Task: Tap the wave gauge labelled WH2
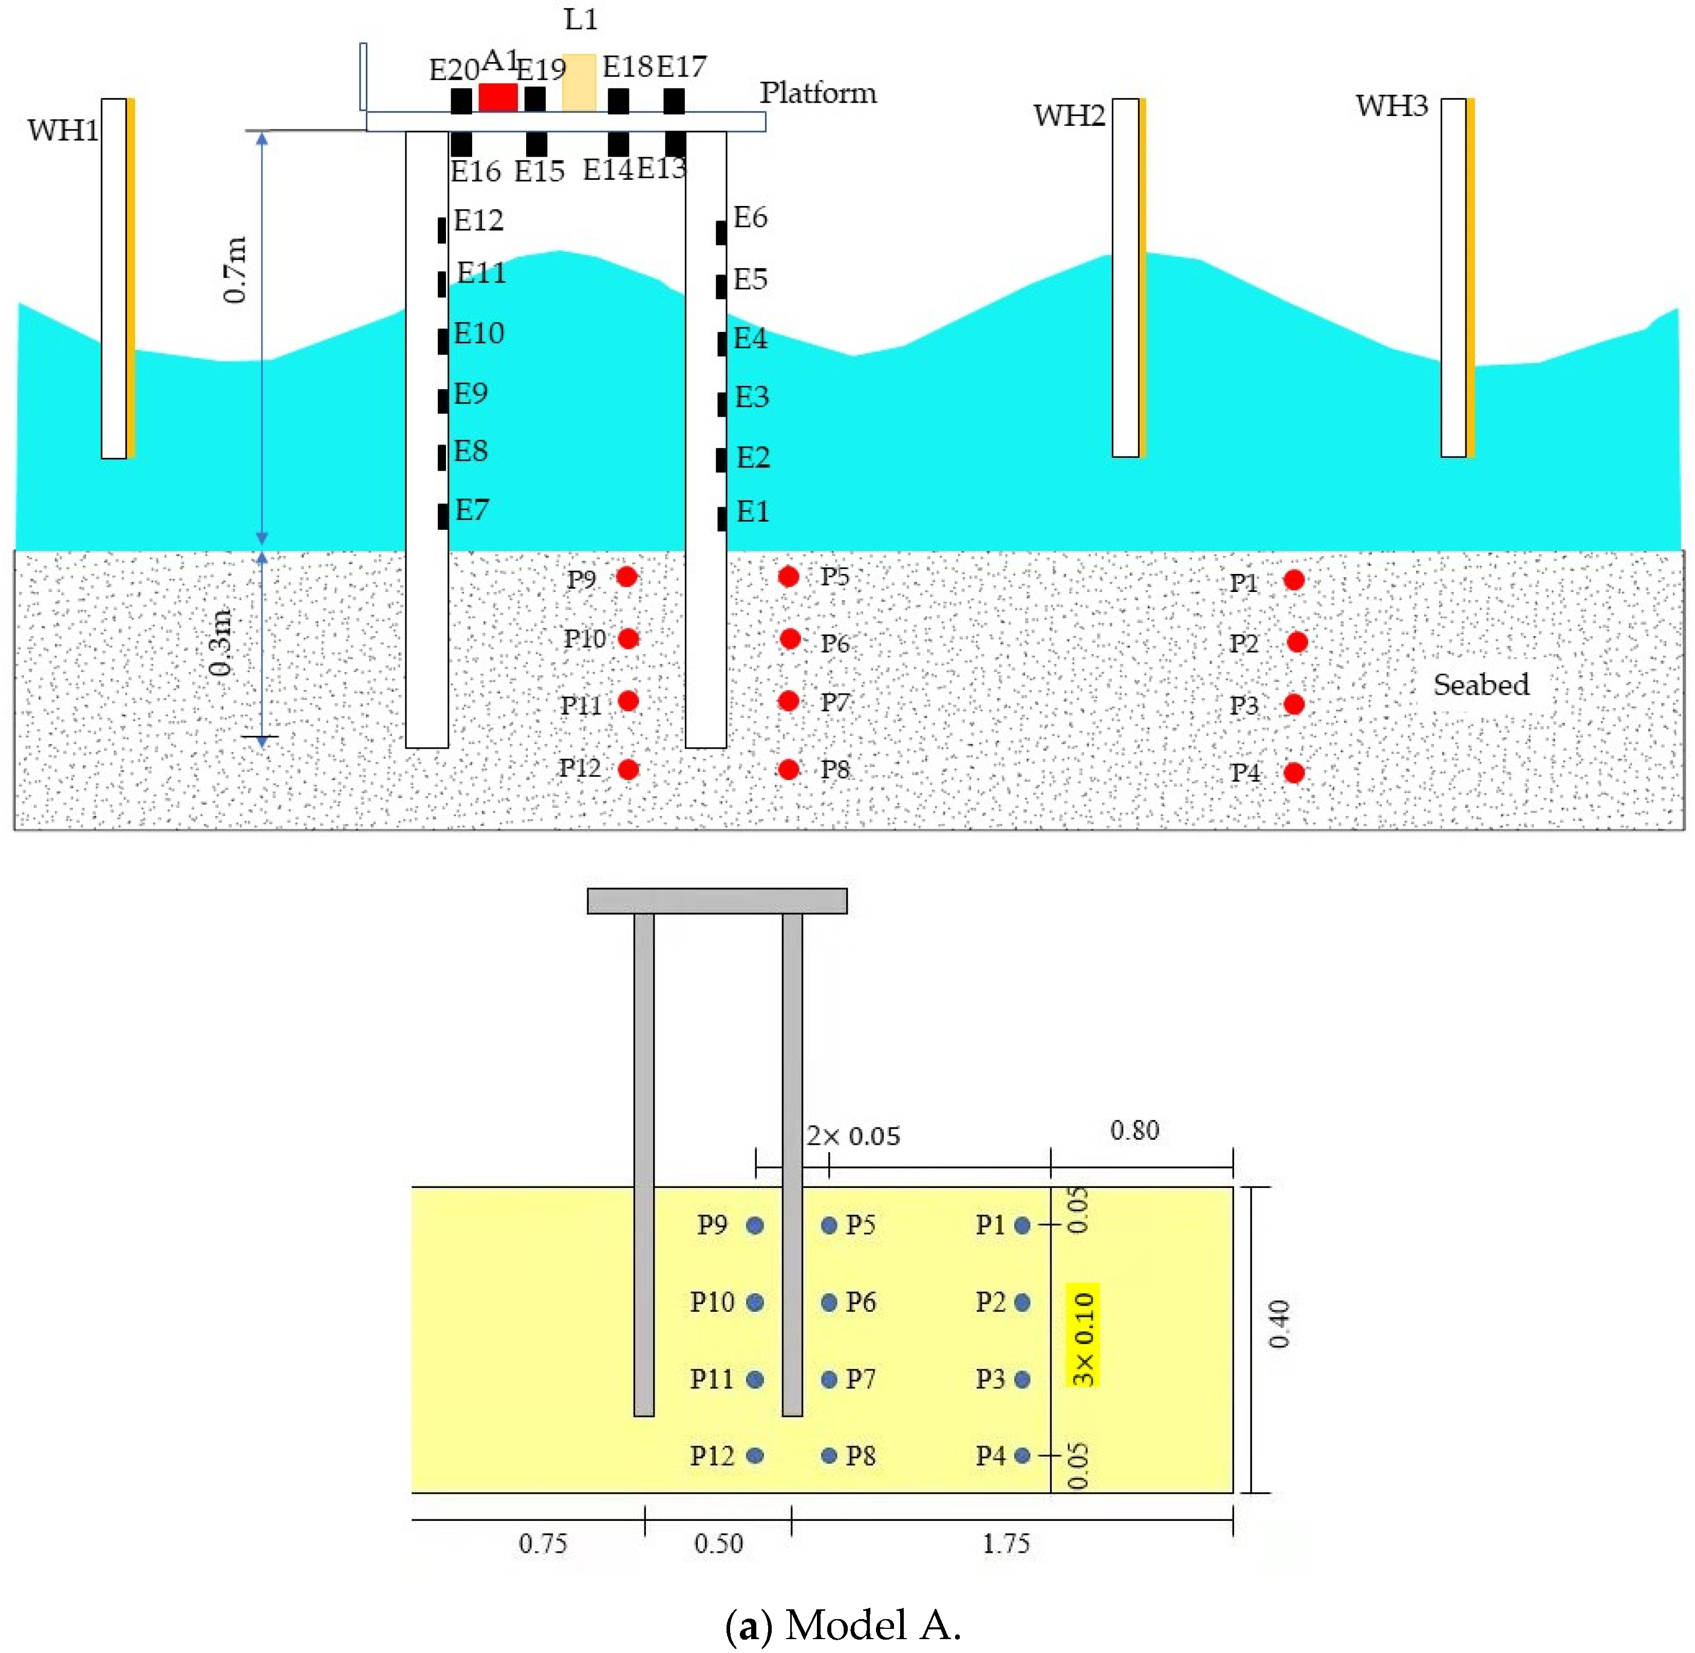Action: (1126, 278)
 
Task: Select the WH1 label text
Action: (63, 130)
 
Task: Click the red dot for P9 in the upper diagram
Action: (627, 577)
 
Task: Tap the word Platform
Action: (817, 93)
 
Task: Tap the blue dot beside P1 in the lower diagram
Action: (1022, 1225)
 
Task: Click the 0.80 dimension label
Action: (1134, 1130)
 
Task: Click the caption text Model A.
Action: (872, 1624)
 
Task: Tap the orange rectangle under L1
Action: (579, 83)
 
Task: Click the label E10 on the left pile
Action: (478, 333)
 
